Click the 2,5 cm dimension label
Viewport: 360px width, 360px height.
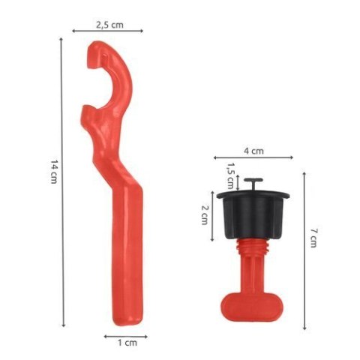pyautogui.click(x=109, y=24)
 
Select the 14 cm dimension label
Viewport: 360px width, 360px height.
pyautogui.click(x=54, y=173)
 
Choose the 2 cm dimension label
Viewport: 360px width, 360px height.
pyautogui.click(x=204, y=215)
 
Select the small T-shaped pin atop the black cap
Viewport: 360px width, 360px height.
pyautogui.click(x=253, y=184)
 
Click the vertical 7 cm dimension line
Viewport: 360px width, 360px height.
pyautogui.click(x=304, y=251)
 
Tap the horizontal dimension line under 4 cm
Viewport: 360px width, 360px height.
pyautogui.click(x=252, y=158)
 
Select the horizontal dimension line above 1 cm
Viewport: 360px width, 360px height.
pyautogui.click(x=125, y=335)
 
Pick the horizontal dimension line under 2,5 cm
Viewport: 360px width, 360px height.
pyautogui.click(x=109, y=31)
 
